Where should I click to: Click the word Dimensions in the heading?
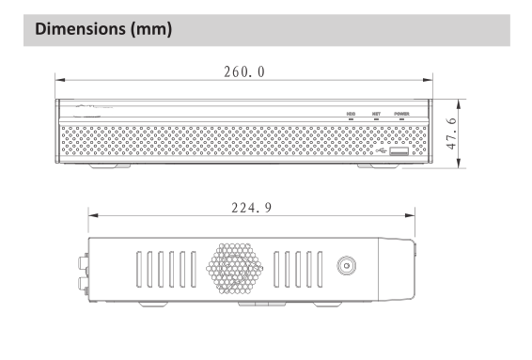81,29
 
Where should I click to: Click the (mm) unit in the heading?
151,29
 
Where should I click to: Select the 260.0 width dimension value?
244,72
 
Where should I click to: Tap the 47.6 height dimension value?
451,133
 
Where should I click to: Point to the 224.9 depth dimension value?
252,208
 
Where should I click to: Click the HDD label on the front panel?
351,114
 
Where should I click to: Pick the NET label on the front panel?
376,114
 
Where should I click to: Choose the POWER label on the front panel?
401,114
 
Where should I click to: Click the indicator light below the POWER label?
401,119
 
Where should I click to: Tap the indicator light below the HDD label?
351,119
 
